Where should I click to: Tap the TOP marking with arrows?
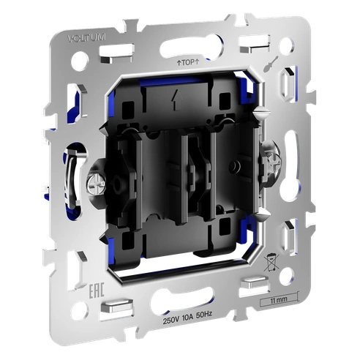188,64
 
